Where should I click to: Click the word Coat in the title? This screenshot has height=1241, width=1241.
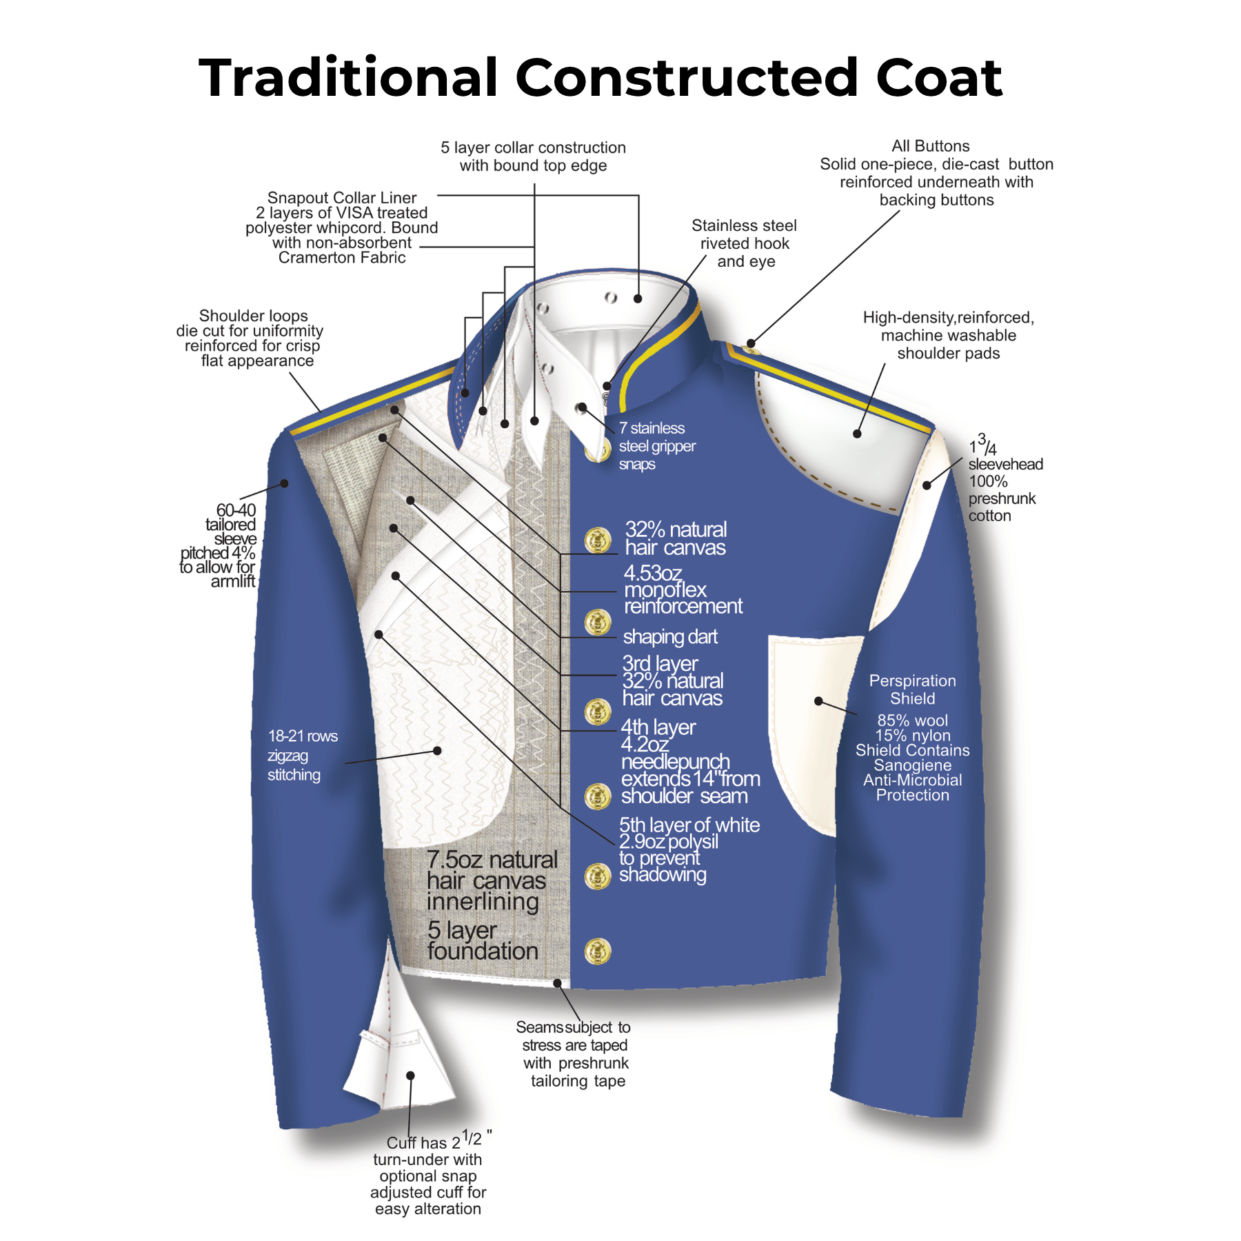point(938,77)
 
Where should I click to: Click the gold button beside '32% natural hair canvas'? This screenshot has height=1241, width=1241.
point(598,540)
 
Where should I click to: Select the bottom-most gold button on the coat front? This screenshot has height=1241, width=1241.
point(598,951)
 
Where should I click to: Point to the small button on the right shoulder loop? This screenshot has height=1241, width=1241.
point(751,350)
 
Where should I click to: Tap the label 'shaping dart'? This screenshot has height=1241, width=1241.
point(670,636)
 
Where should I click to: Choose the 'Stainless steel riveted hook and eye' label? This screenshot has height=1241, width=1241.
point(745,243)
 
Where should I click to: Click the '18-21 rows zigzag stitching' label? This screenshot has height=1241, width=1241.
point(302,755)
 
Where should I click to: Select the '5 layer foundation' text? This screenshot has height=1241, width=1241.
point(483,940)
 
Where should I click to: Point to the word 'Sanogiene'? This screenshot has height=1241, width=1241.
point(912,765)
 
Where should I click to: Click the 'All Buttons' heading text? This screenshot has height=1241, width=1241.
point(930,146)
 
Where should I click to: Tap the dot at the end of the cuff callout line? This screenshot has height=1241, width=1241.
point(410,1076)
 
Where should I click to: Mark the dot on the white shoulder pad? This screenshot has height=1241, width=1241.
point(857,434)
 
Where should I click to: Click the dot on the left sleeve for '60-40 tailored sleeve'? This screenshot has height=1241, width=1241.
point(284,483)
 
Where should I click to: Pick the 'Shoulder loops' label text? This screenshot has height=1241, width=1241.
point(253,316)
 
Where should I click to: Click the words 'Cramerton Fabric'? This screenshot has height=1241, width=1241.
point(342,258)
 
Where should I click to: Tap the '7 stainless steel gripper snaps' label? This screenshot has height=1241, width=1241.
point(657,446)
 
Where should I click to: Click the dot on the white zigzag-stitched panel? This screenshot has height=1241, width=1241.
point(437,751)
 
